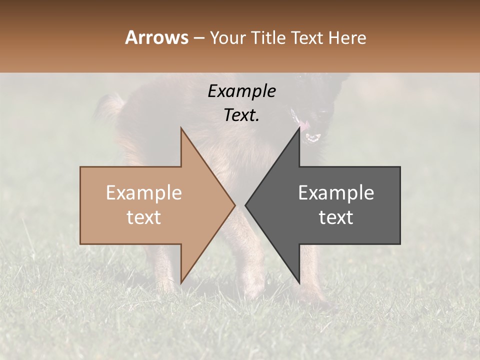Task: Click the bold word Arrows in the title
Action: click(x=157, y=37)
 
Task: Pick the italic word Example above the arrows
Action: click(x=241, y=91)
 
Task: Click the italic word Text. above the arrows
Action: click(x=241, y=115)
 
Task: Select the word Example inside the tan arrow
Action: click(x=144, y=192)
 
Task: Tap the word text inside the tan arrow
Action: click(x=144, y=217)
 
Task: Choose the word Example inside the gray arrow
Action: click(x=336, y=192)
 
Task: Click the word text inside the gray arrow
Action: click(x=336, y=217)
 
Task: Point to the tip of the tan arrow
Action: click(x=234, y=205)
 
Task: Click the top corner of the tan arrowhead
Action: click(x=181, y=128)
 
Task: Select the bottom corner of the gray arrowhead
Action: click(x=299, y=282)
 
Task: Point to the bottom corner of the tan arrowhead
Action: click(x=181, y=282)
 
